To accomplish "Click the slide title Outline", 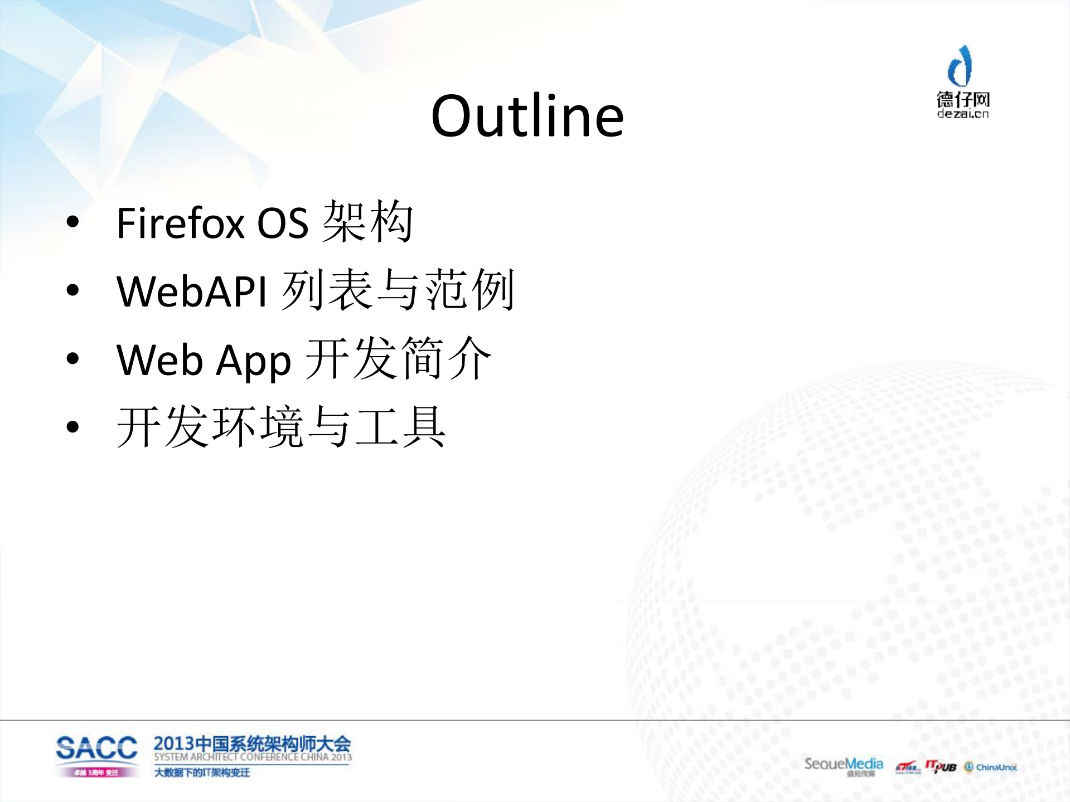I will coord(527,116).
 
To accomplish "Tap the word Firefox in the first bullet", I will coord(180,223).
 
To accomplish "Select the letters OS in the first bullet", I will coord(282,223).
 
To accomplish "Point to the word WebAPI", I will coord(191,291).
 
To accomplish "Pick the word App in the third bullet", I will coord(253,361).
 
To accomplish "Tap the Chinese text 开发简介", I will coord(399,359).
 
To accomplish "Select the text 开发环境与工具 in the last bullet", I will coord(281,427).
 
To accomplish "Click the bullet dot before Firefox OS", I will coord(72,222).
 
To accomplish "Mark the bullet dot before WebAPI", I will coord(72,290).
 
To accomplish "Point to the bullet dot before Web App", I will coord(72,359).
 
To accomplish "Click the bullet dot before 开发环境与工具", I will coord(72,427).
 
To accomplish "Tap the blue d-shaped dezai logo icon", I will coord(960,66).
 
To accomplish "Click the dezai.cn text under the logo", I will coord(962,114).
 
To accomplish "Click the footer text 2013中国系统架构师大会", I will coord(252,743).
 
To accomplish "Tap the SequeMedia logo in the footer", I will coord(843,764).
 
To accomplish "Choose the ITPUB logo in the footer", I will coord(941,766).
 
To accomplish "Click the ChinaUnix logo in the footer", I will coord(990,767).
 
